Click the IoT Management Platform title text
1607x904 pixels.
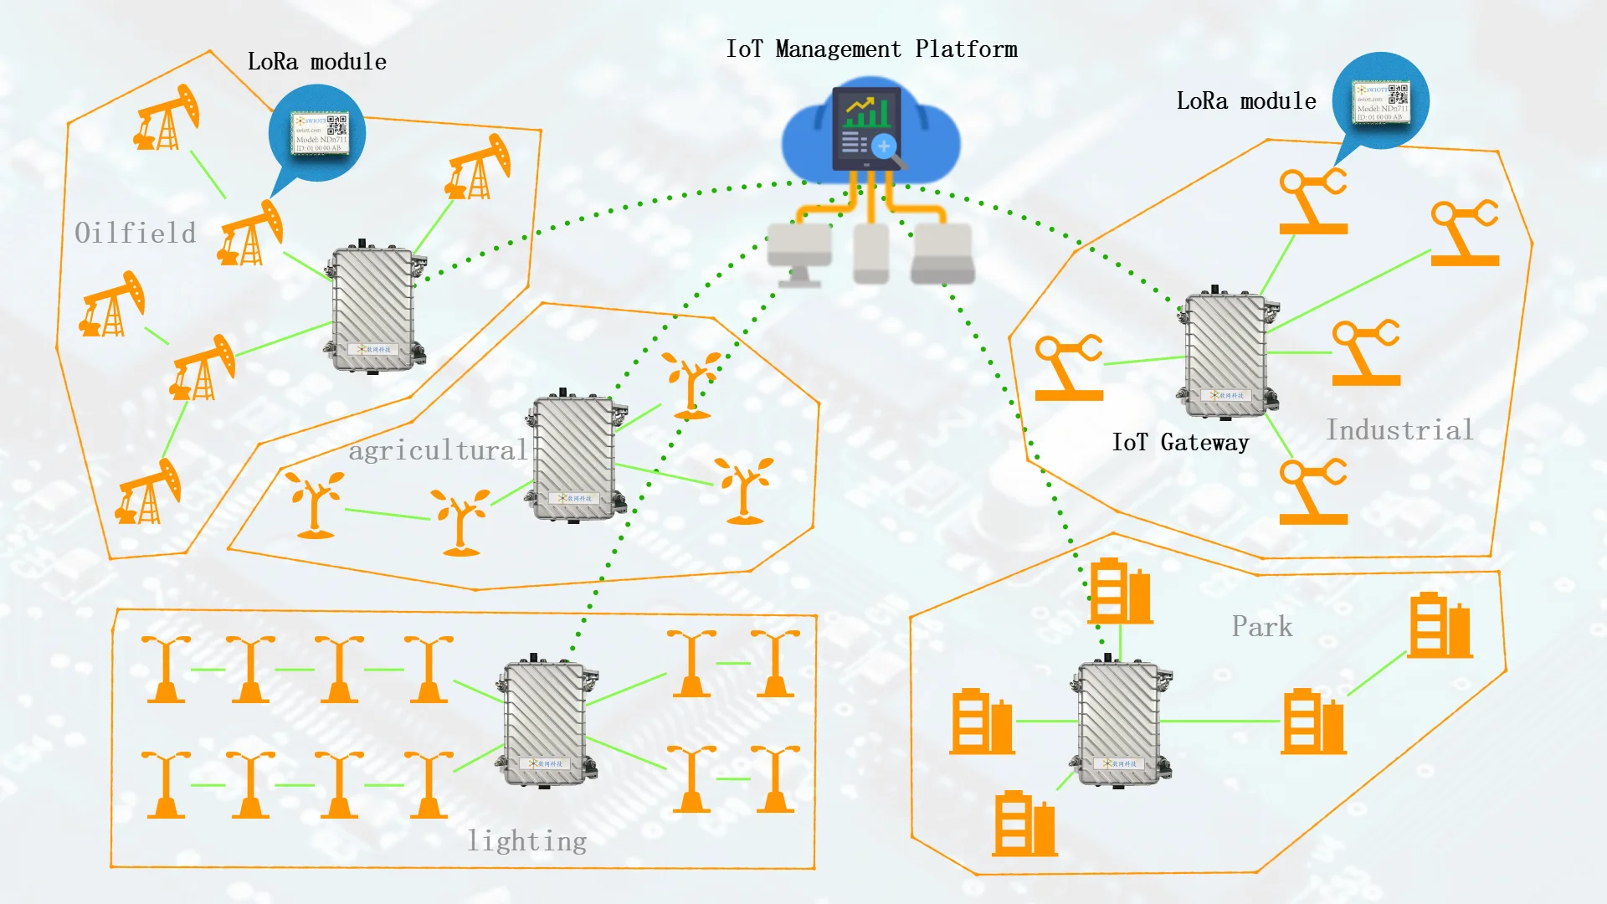click(871, 49)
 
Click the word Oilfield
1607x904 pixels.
click(135, 233)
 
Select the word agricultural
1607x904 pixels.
click(438, 450)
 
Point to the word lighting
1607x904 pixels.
click(526, 840)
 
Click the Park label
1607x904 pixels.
click(1261, 626)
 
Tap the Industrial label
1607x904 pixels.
click(1399, 430)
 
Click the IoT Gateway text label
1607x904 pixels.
click(1179, 442)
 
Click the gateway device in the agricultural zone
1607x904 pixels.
click(575, 457)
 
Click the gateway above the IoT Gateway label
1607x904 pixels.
click(1227, 355)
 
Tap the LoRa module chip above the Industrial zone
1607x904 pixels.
click(1382, 102)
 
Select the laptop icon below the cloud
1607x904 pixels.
click(943, 254)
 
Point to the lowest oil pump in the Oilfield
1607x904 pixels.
click(149, 494)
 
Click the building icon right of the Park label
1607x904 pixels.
click(1440, 625)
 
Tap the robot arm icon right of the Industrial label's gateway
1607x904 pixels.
click(1365, 352)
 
